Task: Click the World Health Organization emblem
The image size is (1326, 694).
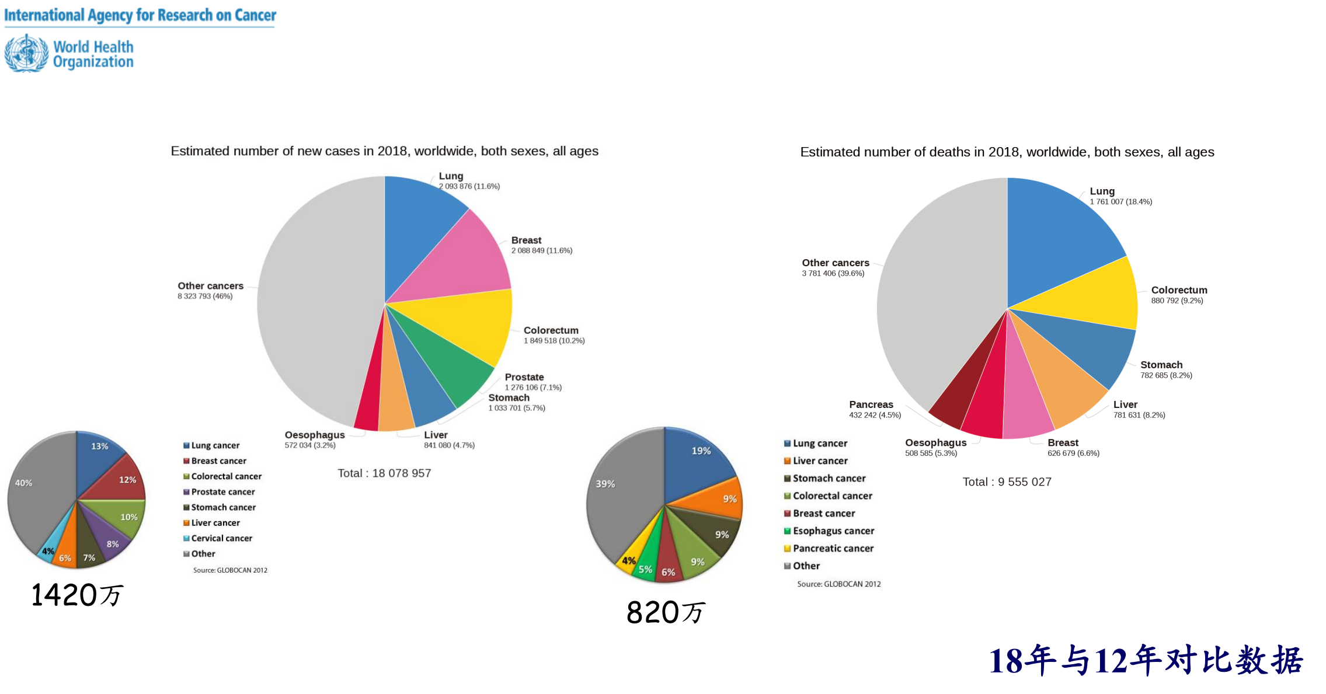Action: point(26,53)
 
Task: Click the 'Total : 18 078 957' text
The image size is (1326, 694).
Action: point(384,473)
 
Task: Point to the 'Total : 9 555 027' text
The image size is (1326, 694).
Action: point(1007,482)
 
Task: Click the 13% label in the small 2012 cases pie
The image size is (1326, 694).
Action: point(99,447)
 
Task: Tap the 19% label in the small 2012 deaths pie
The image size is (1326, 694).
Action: point(701,451)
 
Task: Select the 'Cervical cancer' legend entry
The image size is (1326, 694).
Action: point(221,538)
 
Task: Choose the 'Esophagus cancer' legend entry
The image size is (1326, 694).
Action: point(833,531)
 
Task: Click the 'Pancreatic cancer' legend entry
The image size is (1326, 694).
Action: point(833,549)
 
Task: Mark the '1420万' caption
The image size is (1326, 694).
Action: point(76,595)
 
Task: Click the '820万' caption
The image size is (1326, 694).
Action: point(665,613)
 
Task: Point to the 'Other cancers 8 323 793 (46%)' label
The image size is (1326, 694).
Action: point(210,291)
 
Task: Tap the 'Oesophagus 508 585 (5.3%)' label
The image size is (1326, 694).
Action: point(935,448)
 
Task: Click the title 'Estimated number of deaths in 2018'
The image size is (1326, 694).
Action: point(1007,152)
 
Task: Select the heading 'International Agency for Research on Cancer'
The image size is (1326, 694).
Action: point(140,15)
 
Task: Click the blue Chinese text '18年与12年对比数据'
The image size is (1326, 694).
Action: point(1146,661)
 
